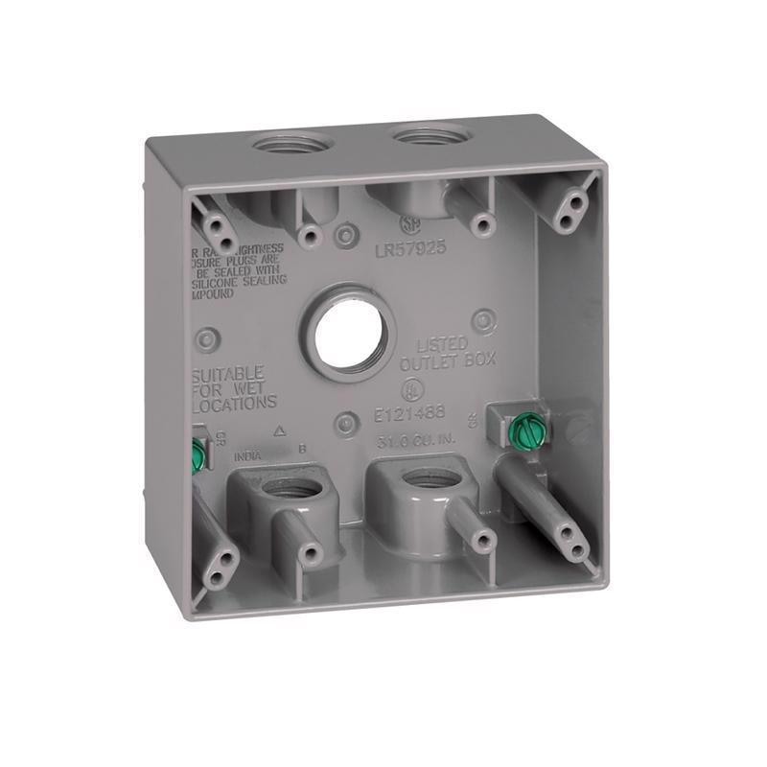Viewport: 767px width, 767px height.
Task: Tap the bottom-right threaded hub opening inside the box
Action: (x=421, y=482)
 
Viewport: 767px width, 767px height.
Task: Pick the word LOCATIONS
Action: (x=236, y=404)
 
